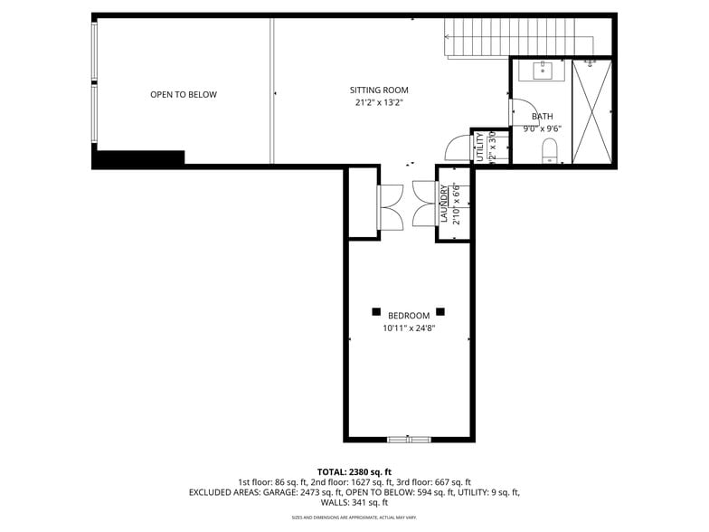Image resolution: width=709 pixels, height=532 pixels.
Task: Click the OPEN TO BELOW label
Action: pyautogui.click(x=184, y=95)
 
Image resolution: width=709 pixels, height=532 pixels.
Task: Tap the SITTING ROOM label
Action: pyautogui.click(x=379, y=90)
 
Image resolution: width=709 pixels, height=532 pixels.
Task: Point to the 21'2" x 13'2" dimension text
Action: pyautogui.click(x=379, y=103)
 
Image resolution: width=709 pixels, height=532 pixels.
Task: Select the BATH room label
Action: pyautogui.click(x=542, y=117)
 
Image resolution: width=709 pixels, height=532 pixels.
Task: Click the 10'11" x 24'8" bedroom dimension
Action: pyautogui.click(x=409, y=329)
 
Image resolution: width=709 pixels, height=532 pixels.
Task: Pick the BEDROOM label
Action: pyautogui.click(x=409, y=316)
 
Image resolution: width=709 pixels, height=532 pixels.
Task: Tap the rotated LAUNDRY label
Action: pyautogui.click(x=444, y=204)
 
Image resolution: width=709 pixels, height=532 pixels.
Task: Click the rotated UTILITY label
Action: pyautogui.click(x=479, y=147)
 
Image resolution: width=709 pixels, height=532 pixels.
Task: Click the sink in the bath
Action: pyautogui.click(x=542, y=71)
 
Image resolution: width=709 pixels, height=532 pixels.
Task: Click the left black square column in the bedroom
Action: pyautogui.click(x=376, y=311)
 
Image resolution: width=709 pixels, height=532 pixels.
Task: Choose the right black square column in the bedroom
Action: pyautogui.click(x=440, y=311)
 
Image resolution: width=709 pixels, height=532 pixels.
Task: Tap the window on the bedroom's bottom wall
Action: pyautogui.click(x=409, y=440)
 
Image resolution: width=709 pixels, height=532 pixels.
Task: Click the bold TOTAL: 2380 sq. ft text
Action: pyautogui.click(x=354, y=471)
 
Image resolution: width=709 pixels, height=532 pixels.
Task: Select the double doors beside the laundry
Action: pyautogui.click(x=423, y=204)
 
